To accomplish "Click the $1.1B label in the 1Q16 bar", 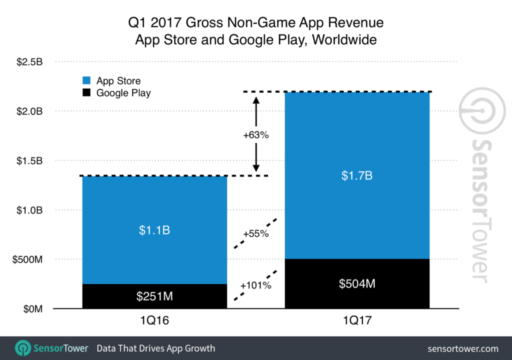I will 154,230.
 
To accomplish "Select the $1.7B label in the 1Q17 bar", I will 356,176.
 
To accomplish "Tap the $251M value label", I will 154,296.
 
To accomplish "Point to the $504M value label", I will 356,283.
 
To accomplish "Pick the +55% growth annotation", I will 256,233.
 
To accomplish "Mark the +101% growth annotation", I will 255,285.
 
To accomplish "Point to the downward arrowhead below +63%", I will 256,168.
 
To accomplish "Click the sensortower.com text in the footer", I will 463,348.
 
